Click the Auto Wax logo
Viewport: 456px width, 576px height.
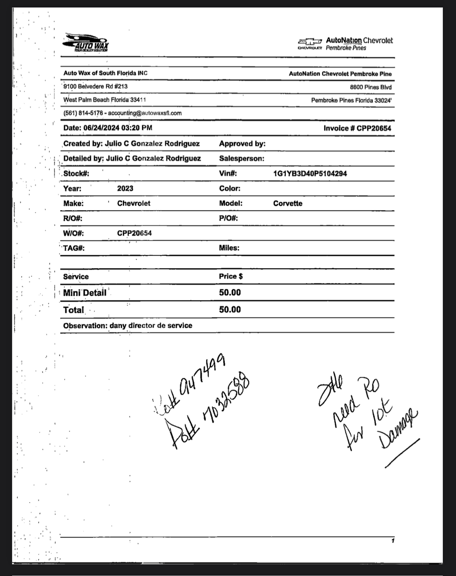(x=86, y=43)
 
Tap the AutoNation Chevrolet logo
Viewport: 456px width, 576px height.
(x=345, y=44)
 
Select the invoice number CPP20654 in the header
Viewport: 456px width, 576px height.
(x=374, y=128)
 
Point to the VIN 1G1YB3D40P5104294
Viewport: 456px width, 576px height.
(x=310, y=174)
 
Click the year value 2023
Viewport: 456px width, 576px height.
(x=125, y=189)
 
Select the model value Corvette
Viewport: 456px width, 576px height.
(x=288, y=203)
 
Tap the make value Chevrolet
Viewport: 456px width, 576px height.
(x=134, y=203)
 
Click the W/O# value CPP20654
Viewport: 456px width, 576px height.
(x=134, y=233)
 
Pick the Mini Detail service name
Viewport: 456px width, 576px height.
(x=85, y=293)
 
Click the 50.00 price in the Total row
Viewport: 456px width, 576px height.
(x=230, y=310)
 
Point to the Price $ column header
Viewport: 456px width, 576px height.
(x=230, y=276)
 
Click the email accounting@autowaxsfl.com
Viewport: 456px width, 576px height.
(x=145, y=113)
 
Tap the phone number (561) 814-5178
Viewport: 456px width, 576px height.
(x=83, y=113)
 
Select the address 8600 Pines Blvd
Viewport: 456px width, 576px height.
(x=370, y=87)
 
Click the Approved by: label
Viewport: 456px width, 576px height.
(x=242, y=144)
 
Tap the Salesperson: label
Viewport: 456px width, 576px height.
(x=241, y=159)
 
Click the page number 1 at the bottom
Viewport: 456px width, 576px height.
(x=393, y=541)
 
